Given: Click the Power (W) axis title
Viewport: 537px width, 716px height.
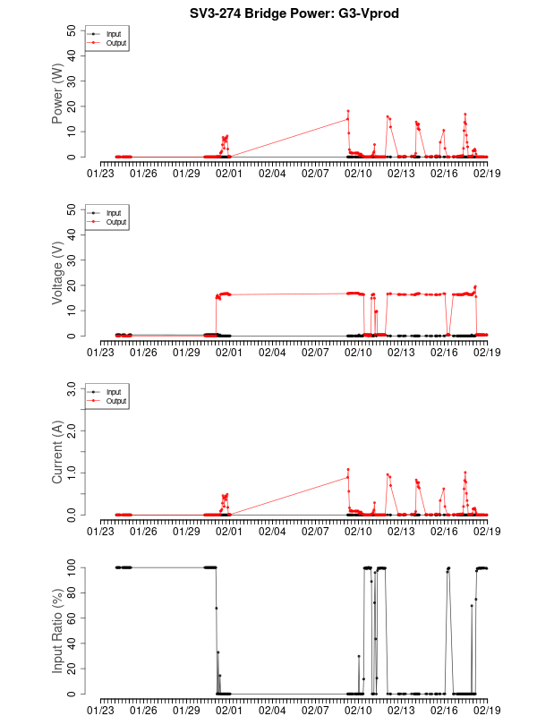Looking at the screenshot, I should (57, 93).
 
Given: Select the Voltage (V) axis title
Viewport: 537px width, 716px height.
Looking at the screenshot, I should (57, 272).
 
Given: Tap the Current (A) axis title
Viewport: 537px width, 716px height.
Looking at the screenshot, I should (57, 451).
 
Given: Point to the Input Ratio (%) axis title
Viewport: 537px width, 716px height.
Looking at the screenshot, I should (57, 630).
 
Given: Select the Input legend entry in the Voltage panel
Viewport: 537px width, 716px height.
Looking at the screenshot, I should (113, 213).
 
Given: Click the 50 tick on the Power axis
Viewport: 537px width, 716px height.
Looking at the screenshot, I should (72, 30).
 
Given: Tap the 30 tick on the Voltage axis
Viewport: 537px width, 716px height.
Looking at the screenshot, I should (72, 260).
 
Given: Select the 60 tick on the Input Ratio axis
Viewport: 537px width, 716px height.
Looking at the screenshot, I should (72, 618).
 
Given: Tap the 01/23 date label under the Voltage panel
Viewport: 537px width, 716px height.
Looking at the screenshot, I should (101, 352).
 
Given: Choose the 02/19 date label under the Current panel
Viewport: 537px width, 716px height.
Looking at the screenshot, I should (487, 531).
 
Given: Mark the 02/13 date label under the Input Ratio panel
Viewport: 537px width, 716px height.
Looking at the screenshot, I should (401, 710).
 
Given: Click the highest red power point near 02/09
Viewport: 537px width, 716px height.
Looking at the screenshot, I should (348, 111).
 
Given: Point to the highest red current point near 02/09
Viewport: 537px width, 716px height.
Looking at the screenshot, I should (348, 469).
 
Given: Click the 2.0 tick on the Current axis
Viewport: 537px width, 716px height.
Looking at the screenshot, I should (69, 430).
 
